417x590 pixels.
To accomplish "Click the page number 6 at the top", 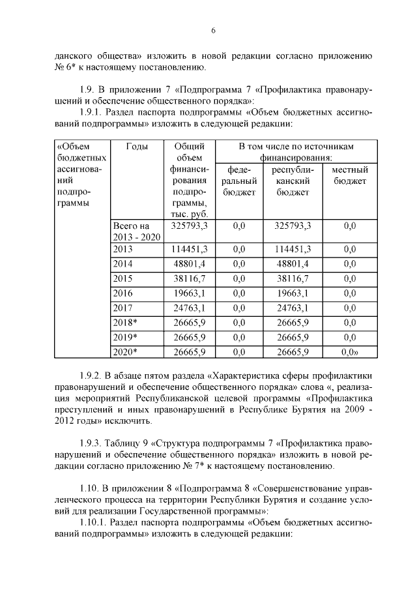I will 212,31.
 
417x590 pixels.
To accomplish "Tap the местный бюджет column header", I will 350,175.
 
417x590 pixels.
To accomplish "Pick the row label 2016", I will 122,293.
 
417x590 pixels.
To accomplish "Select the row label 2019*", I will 124,337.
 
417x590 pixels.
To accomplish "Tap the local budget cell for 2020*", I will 351,352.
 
